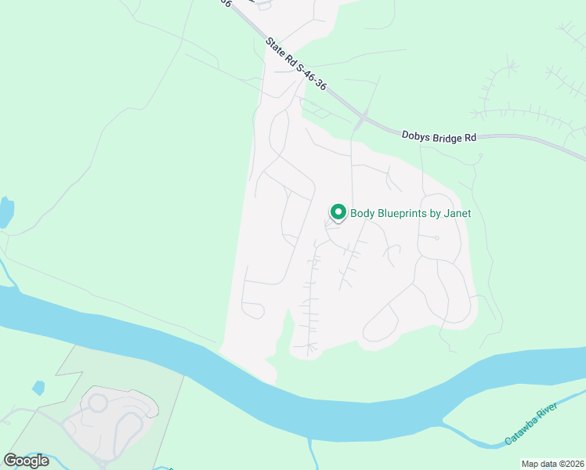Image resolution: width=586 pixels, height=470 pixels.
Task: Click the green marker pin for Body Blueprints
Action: click(x=338, y=212)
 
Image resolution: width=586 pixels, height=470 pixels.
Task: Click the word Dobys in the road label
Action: click(x=417, y=136)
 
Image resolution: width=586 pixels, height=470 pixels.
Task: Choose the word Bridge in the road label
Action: click(x=449, y=137)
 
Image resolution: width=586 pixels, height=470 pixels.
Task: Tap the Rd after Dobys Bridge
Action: click(x=470, y=139)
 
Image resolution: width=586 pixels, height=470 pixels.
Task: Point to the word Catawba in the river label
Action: click(x=521, y=429)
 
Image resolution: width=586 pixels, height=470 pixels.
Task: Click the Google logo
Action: click(x=26, y=461)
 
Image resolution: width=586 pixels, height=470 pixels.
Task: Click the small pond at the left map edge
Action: click(x=5, y=212)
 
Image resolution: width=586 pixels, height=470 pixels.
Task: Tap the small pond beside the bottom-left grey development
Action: click(x=38, y=388)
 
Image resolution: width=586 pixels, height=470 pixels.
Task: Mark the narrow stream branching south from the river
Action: click(x=312, y=452)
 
